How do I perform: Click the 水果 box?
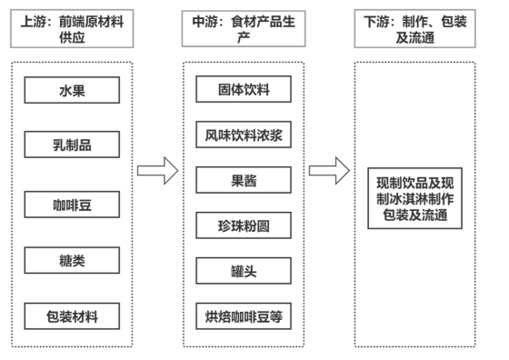(72, 90)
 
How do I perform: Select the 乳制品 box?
(72, 145)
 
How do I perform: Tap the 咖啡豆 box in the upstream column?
(72, 205)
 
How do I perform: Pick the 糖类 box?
(72, 261)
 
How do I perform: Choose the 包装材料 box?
(72, 316)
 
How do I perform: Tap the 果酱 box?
(244, 180)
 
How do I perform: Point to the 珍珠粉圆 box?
(244, 225)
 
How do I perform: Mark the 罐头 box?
(244, 271)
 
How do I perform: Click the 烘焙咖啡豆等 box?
(244, 316)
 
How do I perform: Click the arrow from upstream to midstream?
(156, 170)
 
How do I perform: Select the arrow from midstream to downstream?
(328, 170)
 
